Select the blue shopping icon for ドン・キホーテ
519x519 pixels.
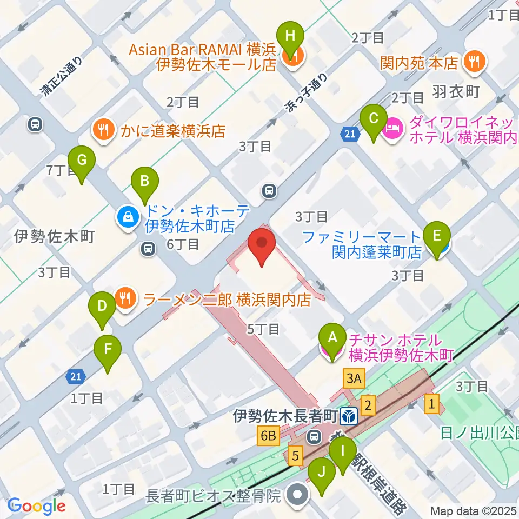(128, 218)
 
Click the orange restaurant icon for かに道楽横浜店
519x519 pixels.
(102, 130)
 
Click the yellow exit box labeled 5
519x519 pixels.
(295, 455)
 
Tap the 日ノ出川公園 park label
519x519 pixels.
(476, 432)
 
